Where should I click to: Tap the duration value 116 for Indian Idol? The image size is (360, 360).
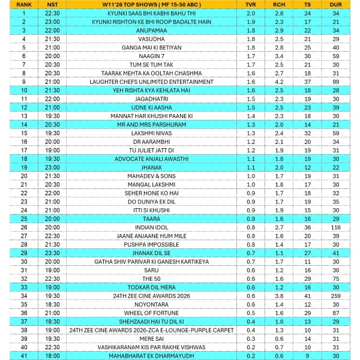[x=336, y=227]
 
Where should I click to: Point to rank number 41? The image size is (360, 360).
[x=23, y=356]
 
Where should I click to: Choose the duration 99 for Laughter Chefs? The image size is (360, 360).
[x=336, y=82]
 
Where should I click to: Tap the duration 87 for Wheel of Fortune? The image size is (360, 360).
[x=336, y=313]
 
